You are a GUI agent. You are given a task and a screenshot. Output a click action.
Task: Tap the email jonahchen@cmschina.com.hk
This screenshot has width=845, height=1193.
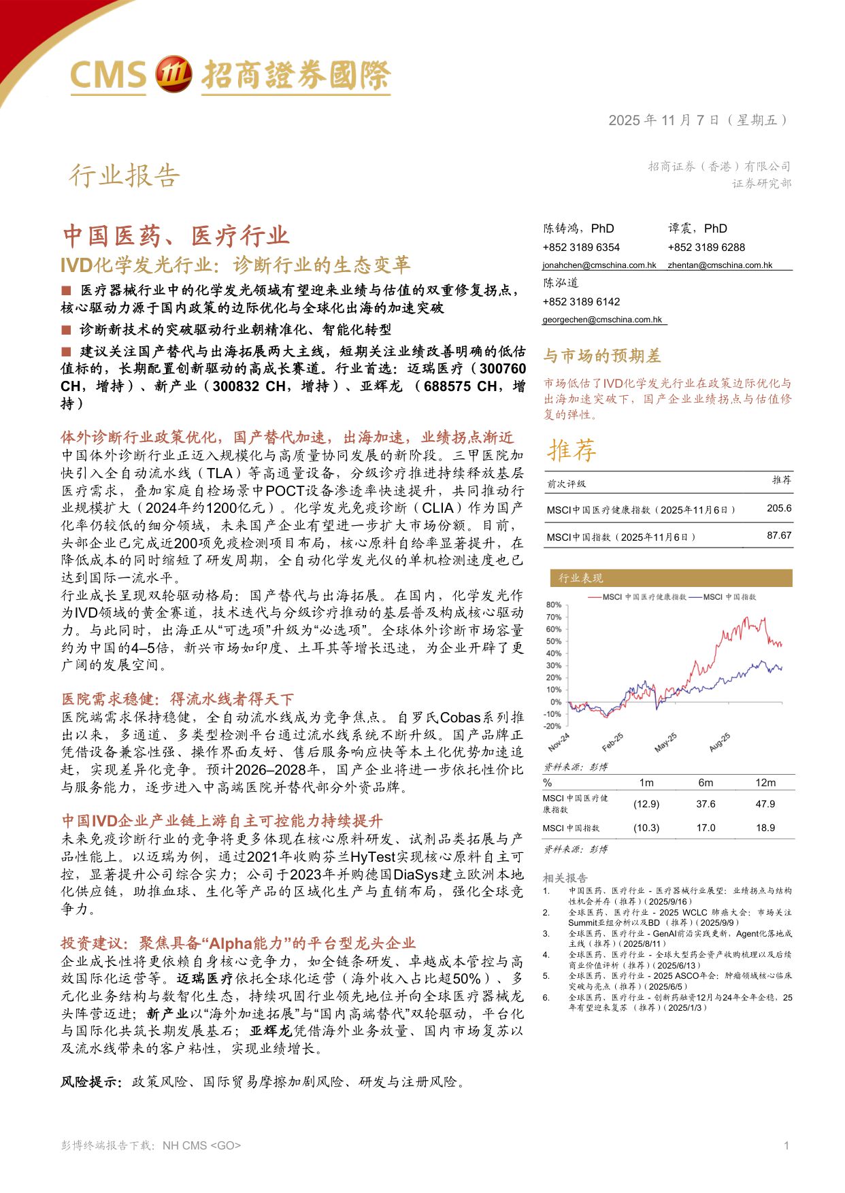click(599, 265)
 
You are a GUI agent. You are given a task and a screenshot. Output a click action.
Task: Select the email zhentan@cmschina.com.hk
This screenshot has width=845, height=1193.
click(719, 265)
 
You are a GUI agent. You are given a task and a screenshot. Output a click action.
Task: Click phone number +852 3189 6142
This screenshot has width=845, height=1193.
click(581, 302)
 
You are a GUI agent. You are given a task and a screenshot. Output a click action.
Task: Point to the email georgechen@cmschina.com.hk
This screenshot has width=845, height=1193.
click(601, 320)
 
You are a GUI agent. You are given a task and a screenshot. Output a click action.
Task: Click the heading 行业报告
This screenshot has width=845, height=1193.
click(125, 175)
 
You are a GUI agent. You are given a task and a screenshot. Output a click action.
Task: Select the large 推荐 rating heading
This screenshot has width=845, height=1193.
click(572, 450)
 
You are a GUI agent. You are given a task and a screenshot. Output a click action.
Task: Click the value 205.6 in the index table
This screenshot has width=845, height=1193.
click(779, 509)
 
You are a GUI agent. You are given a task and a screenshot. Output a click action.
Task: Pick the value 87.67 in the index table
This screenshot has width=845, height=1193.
click(779, 536)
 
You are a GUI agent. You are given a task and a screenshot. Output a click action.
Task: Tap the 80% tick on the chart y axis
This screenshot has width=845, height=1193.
click(553, 605)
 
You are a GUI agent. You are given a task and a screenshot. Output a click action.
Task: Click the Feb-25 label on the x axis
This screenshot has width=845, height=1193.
click(612, 742)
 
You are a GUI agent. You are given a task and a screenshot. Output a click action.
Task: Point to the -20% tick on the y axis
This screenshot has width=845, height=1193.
click(552, 726)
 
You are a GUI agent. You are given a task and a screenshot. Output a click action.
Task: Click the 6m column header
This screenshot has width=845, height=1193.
click(706, 783)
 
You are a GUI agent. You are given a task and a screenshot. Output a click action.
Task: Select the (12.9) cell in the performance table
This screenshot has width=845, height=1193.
click(646, 804)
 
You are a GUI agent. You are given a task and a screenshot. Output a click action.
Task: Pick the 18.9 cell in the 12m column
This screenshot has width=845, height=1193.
click(765, 828)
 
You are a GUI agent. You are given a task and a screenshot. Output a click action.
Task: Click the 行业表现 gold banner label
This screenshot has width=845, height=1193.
click(580, 578)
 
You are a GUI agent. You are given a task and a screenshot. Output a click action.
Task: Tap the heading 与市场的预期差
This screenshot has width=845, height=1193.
click(601, 356)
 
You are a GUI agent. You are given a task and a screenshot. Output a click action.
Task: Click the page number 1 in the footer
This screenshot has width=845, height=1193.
click(786, 1145)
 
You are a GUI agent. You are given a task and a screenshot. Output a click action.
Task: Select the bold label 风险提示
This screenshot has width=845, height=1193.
click(91, 1081)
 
